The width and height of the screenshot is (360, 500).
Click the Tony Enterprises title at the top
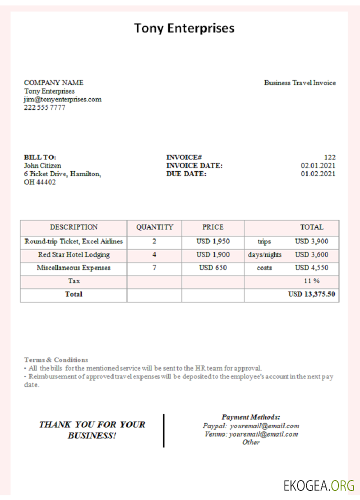point(184,28)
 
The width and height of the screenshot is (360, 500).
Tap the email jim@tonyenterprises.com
point(62,99)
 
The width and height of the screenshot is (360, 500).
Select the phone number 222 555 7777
point(44,107)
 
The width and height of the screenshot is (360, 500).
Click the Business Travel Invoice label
point(300,83)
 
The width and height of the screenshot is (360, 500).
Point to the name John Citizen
point(42,165)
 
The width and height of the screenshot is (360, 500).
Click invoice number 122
point(329,157)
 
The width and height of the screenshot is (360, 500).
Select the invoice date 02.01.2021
point(318,165)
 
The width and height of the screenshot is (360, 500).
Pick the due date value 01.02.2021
point(318,174)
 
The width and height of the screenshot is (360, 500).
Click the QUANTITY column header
point(154,227)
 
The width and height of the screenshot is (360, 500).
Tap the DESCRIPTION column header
point(73,227)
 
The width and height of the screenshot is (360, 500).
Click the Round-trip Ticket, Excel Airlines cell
point(73,241)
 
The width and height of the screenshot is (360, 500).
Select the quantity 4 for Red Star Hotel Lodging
point(154,255)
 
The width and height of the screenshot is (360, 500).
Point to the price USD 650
point(213,268)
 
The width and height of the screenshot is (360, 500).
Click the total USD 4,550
point(311,268)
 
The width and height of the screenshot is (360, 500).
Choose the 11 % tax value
point(311,281)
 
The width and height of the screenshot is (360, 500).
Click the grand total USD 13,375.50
point(311,294)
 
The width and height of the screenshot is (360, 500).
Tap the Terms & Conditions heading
point(56,359)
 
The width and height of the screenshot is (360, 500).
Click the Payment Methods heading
point(251,417)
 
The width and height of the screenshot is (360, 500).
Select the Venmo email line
point(251,434)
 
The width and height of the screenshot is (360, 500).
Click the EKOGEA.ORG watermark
point(319,485)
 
